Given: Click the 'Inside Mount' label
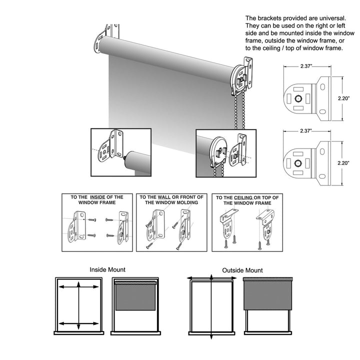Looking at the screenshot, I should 107,269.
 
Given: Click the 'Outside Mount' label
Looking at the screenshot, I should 242,270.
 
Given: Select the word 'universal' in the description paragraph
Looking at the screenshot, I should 325,17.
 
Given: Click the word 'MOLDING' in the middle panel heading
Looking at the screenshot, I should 184,203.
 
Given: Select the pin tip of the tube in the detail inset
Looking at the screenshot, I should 123,159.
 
